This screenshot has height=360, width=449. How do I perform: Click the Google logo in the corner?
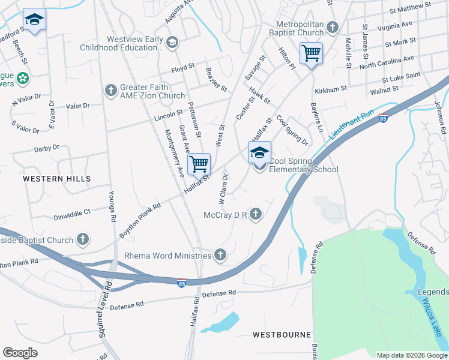(20, 353)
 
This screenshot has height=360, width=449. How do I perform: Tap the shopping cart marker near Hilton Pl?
(311, 53)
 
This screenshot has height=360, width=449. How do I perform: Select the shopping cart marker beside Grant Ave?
(199, 163)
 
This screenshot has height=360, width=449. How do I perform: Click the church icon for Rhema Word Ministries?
(220, 256)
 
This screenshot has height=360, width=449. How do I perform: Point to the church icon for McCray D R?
(256, 214)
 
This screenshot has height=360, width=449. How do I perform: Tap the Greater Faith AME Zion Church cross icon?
(110, 91)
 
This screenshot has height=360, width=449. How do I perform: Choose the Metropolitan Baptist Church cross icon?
(331, 28)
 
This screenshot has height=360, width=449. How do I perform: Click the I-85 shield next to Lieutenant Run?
(384, 117)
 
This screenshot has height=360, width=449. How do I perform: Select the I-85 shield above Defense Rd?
(181, 283)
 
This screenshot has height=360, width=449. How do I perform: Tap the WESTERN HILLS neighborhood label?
(57, 179)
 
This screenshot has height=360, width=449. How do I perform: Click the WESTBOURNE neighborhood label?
(282, 334)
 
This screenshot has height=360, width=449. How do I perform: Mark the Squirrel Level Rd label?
(104, 308)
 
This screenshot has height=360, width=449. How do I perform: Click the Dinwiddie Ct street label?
(71, 212)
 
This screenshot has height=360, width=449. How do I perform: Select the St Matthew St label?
(411, 9)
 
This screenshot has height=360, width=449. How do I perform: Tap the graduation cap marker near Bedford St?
(34, 20)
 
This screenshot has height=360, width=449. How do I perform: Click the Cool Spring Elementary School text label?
(303, 165)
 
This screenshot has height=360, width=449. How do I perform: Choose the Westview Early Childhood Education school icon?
(172, 41)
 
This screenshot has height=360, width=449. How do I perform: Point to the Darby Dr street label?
(47, 147)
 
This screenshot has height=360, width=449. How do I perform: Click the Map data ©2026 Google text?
(411, 355)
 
